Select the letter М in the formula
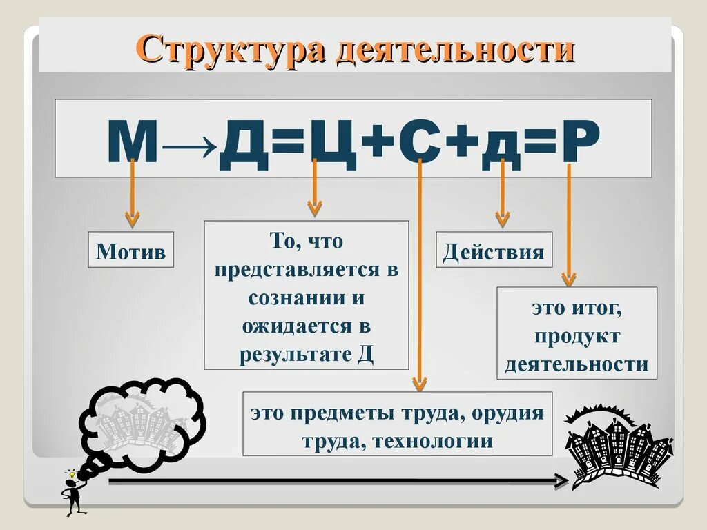[133, 144]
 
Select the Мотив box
[131, 251]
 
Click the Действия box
[494, 251]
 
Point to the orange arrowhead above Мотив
[131, 219]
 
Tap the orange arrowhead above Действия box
[503, 219]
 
